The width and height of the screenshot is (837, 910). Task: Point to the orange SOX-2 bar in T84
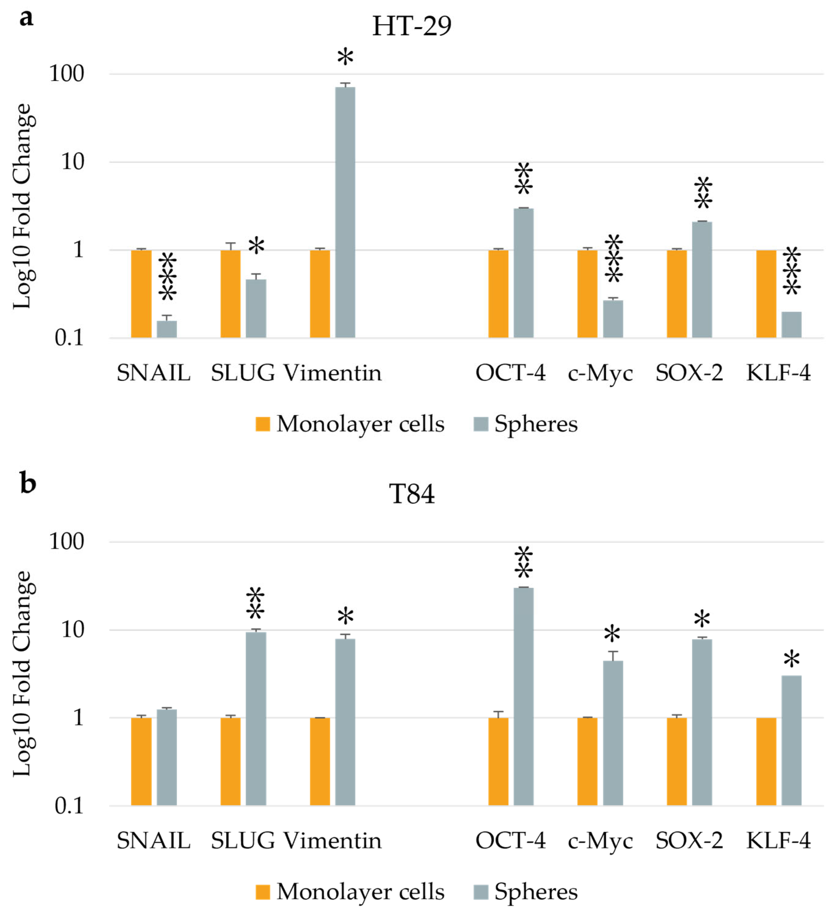(x=677, y=761)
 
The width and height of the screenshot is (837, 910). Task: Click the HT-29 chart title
(x=412, y=26)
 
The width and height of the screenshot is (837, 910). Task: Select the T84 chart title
(x=412, y=494)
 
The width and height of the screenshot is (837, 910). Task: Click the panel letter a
(x=26, y=18)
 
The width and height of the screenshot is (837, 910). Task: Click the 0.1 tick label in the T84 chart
(x=69, y=805)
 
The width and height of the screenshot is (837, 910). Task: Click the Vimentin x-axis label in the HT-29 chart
(x=332, y=373)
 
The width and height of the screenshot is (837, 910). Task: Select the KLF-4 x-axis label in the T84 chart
(x=778, y=841)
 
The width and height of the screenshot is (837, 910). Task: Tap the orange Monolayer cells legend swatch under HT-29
(x=263, y=424)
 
